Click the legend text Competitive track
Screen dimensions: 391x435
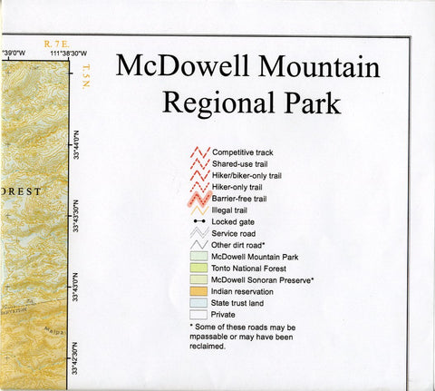pyautogui.click(x=245, y=151)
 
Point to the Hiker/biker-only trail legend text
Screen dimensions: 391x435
pyautogui.click(x=246, y=174)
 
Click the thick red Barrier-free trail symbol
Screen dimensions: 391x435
pyautogui.click(x=199, y=198)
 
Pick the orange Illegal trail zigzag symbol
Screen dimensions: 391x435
pyautogui.click(x=199, y=210)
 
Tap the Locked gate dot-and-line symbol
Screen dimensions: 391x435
pyautogui.click(x=199, y=221)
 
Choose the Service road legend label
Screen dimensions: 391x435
pyautogui.click(x=236, y=233)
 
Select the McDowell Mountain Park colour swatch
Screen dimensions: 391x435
pyautogui.click(x=199, y=257)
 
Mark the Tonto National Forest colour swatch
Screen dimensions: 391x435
pyautogui.click(x=199, y=269)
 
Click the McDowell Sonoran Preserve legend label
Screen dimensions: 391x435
pyautogui.click(x=262, y=279)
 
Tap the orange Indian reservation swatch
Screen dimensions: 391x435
pyautogui.click(x=199, y=291)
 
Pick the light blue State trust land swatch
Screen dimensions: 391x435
pyautogui.click(x=199, y=303)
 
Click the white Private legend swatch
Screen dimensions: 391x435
pyautogui.click(x=199, y=315)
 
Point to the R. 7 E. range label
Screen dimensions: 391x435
pyautogui.click(x=56, y=42)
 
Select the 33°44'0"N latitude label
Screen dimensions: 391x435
pyautogui.click(x=84, y=144)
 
